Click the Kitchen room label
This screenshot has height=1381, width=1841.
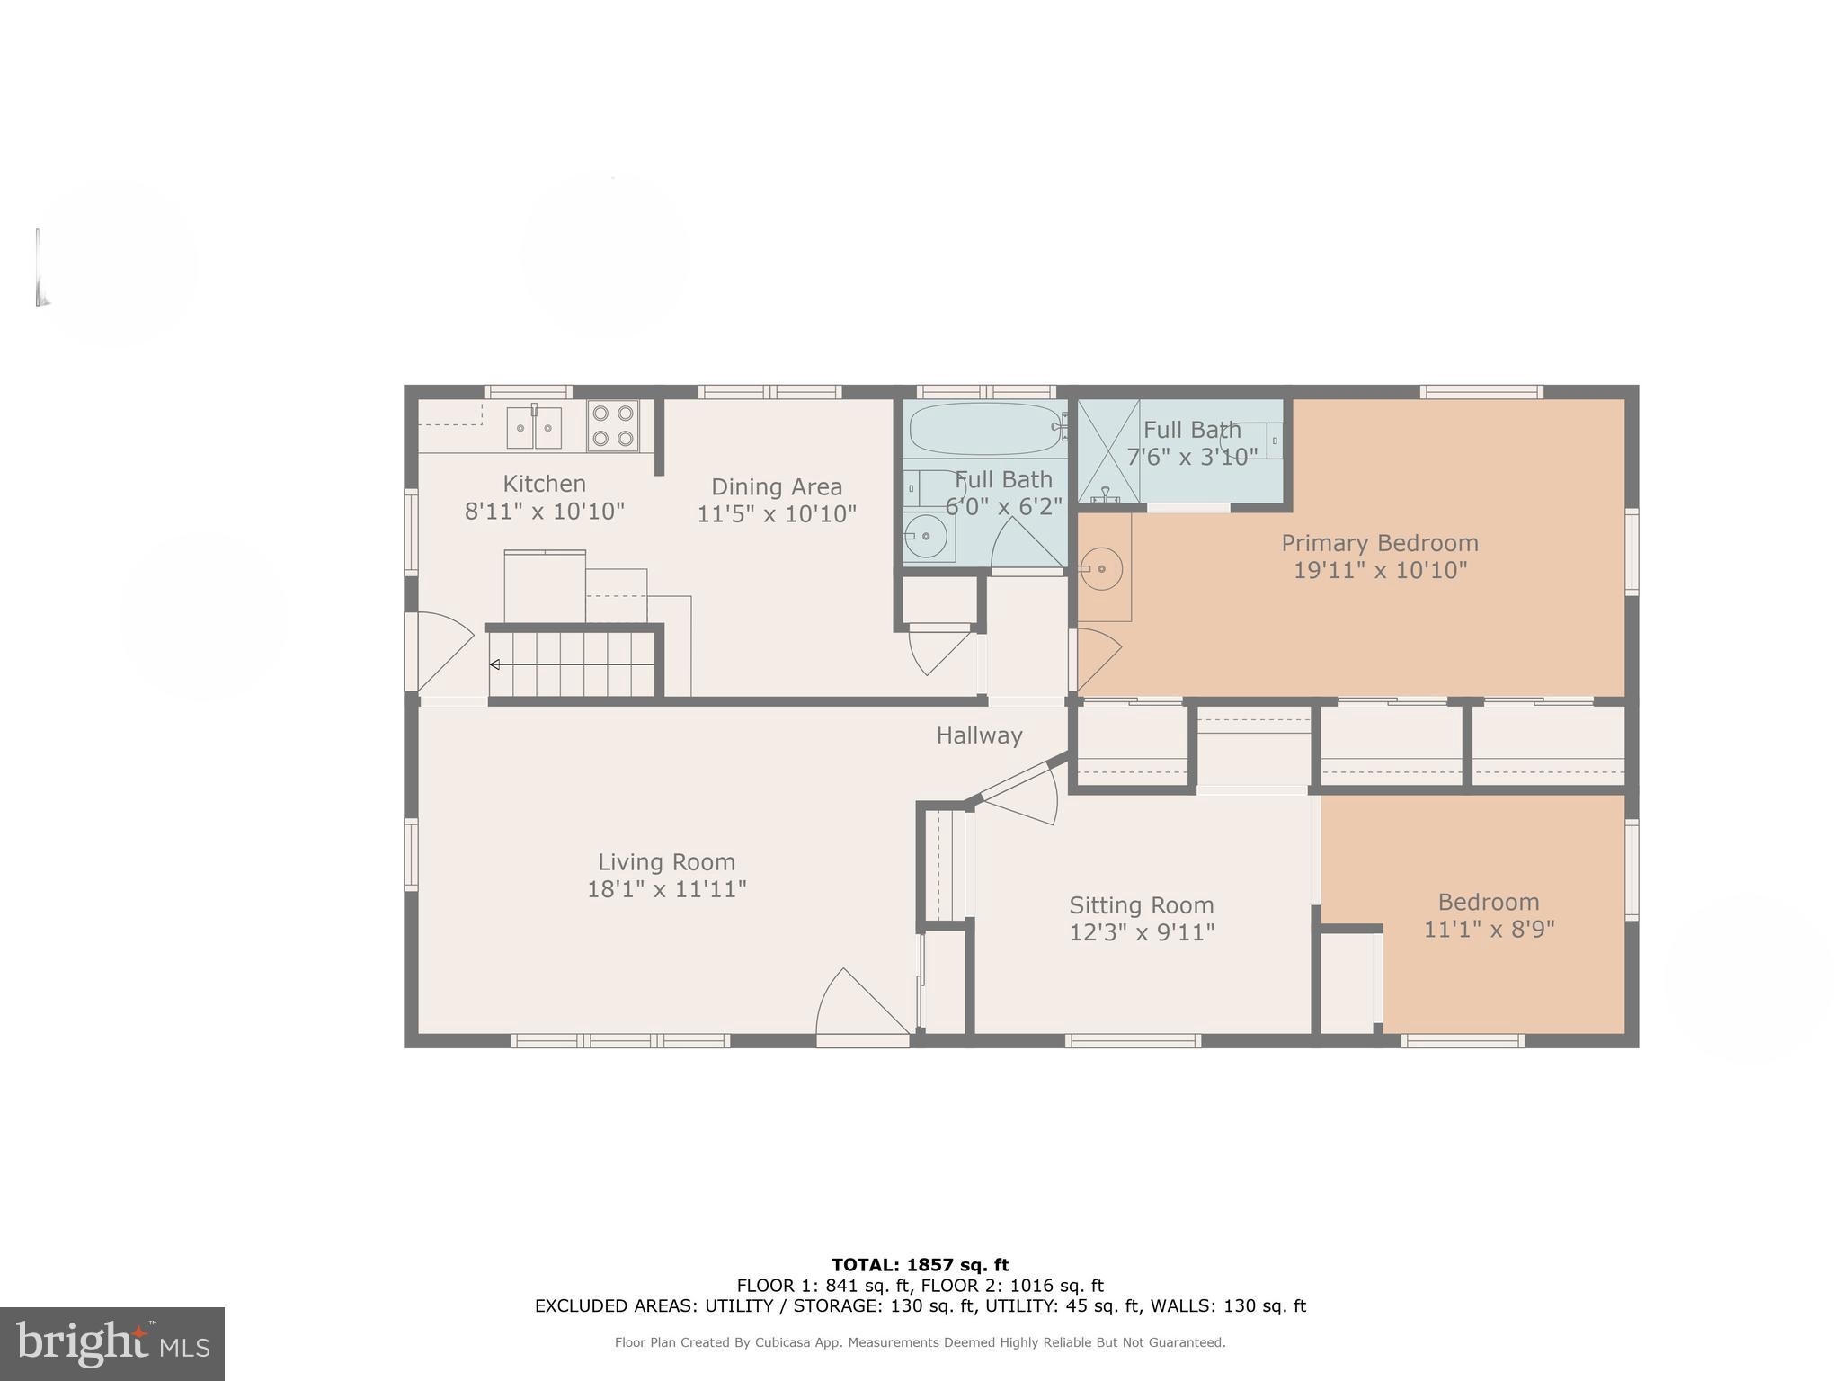[544, 484]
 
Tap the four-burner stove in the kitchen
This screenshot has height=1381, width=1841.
[613, 426]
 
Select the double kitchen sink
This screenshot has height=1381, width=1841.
[534, 427]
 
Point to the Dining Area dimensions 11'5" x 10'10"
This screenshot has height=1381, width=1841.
[777, 514]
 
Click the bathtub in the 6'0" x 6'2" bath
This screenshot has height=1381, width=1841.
[984, 430]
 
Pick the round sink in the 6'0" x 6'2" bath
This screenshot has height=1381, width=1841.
[925, 537]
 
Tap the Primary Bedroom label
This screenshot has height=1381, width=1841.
[1379, 543]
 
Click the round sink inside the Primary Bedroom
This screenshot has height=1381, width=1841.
[1101, 568]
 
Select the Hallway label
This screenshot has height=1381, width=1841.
[979, 735]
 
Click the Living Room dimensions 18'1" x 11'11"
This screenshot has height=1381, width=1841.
[666, 889]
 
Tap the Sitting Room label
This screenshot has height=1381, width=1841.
[1141, 904]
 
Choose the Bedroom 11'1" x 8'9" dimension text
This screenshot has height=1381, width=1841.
[1489, 929]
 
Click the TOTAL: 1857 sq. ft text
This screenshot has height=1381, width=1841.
[920, 1265]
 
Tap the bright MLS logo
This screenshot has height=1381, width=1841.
[111, 1343]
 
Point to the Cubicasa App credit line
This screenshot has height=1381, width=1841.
[920, 1342]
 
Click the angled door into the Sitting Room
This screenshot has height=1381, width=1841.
[1020, 792]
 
